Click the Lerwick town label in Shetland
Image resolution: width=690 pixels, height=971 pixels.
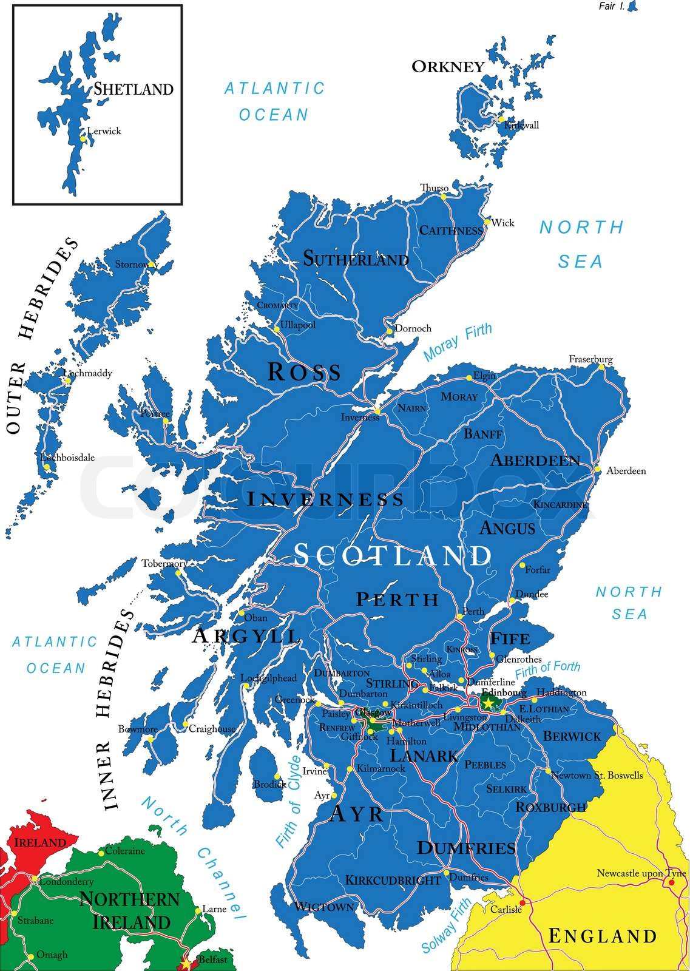coord(104,130)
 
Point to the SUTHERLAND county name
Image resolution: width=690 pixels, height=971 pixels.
coord(356,260)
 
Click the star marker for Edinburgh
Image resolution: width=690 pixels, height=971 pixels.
coord(487,702)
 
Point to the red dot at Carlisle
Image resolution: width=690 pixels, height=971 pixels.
coord(523,902)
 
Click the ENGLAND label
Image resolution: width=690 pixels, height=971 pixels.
coord(602,936)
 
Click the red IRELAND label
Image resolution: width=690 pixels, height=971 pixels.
coord(39,843)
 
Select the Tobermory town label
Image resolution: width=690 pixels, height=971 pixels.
coord(164,563)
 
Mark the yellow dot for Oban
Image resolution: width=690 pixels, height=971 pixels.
coord(242,613)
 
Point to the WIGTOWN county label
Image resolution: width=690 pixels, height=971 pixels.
coord(323,907)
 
